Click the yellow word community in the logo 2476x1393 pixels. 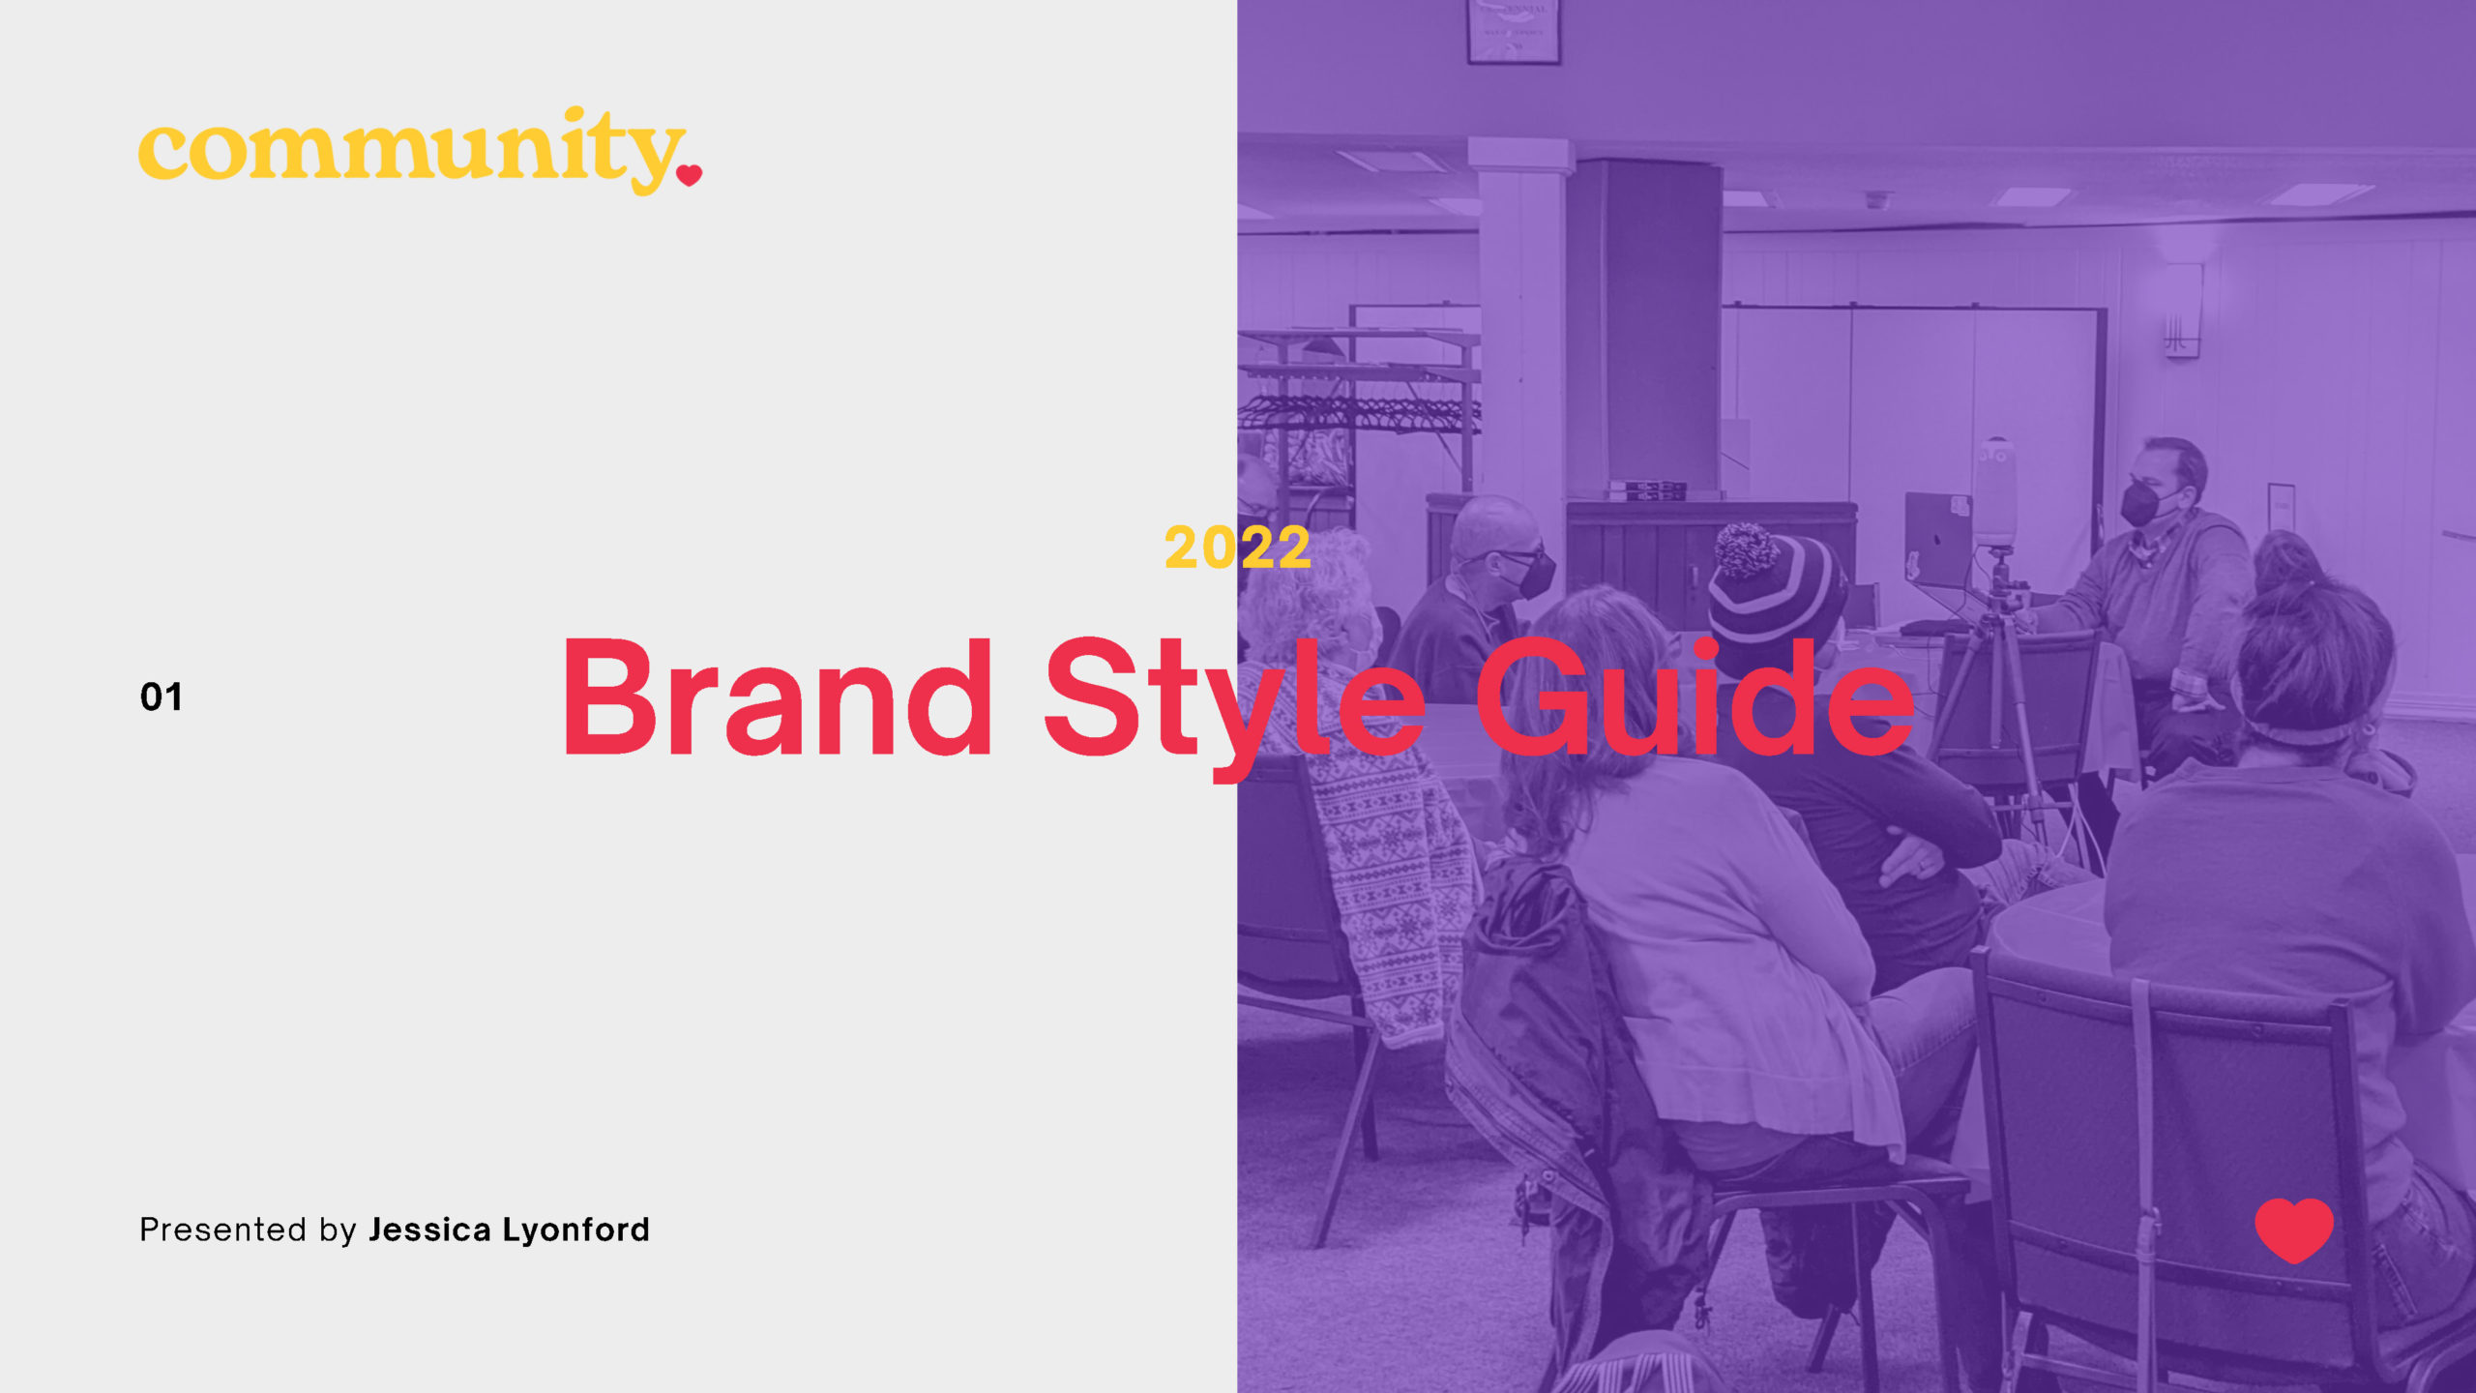(411, 150)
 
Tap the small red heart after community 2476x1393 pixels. (689, 175)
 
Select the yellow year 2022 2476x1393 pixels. (1237, 548)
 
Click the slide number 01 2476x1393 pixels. (161, 697)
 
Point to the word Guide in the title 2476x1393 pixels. (1693, 698)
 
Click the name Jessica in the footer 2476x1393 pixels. (429, 1230)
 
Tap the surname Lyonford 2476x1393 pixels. (576, 1230)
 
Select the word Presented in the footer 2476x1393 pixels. (223, 1230)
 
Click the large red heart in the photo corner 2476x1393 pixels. (2294, 1229)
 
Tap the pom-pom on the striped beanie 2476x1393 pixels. (1747, 548)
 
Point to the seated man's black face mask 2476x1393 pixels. (2141, 504)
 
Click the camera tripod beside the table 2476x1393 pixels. (2002, 696)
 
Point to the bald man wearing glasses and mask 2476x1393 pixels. (1499, 551)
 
